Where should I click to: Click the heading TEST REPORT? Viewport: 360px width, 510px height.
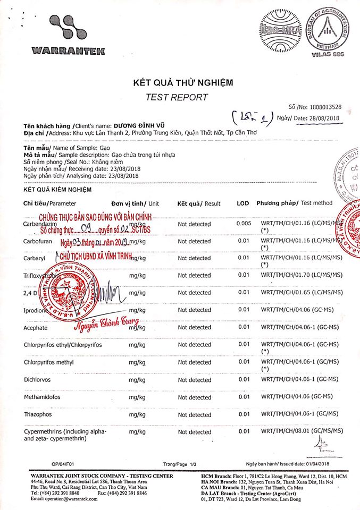tap(177, 97)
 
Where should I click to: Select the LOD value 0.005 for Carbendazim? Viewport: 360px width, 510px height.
tap(244, 224)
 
